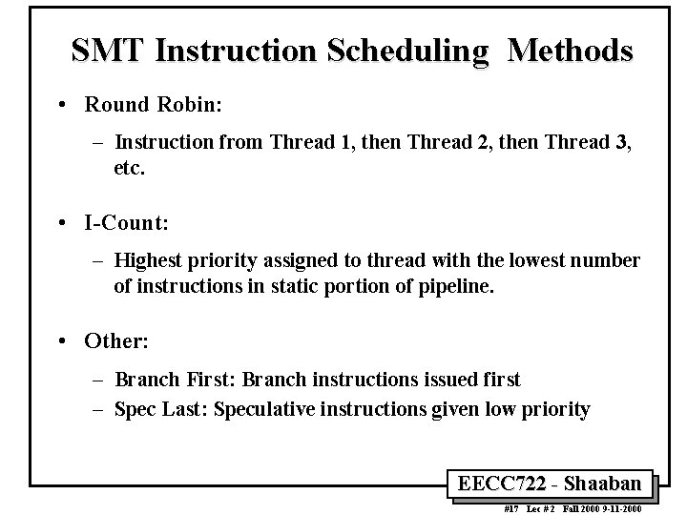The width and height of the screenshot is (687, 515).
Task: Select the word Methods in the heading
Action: (x=570, y=51)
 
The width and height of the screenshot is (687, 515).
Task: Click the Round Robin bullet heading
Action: (x=153, y=104)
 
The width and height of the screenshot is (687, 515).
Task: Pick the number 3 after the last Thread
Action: (x=625, y=143)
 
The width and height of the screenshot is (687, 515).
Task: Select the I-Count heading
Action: (x=126, y=223)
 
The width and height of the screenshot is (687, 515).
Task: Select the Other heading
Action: (x=116, y=340)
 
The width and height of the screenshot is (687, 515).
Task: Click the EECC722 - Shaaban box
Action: (x=556, y=483)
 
